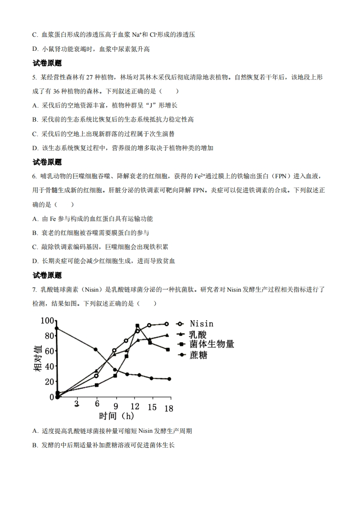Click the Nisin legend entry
click(201, 324)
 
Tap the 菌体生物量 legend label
click(212, 344)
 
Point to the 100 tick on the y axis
click(47, 321)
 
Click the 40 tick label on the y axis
click(49, 366)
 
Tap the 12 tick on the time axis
click(134, 406)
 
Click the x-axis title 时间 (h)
click(117, 416)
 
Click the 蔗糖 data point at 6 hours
click(95, 349)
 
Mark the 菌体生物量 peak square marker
click(137, 326)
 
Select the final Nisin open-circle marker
click(167, 324)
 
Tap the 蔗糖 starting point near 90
click(56, 328)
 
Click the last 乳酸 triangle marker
click(167, 335)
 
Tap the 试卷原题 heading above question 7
click(47, 275)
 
